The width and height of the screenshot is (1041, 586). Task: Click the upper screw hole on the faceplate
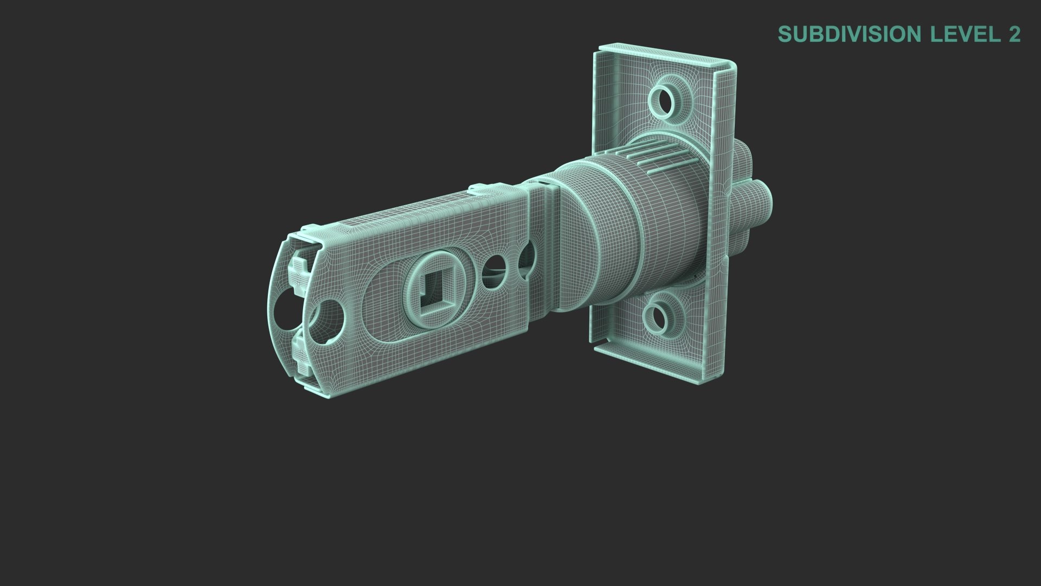(663, 99)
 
